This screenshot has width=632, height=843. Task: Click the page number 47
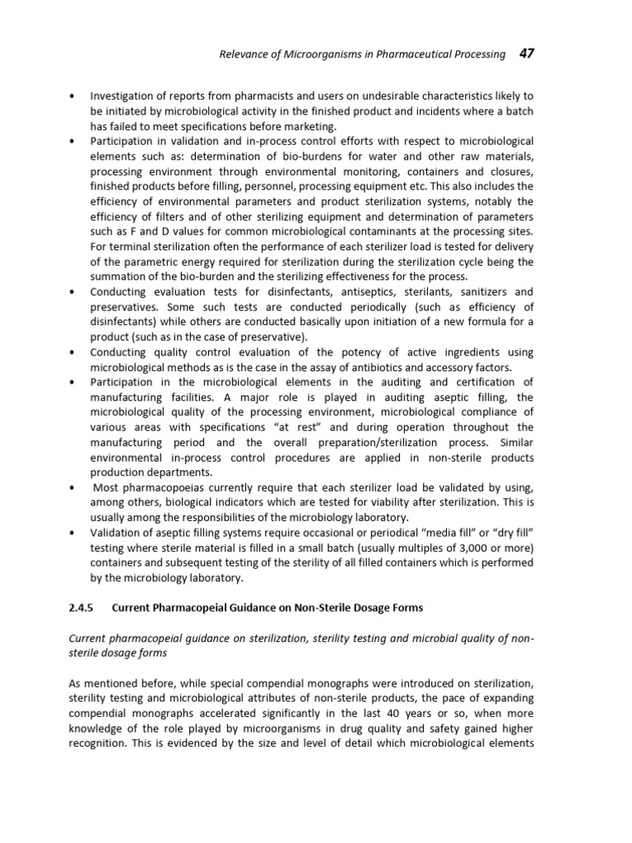click(525, 54)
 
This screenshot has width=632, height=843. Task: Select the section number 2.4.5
click(82, 608)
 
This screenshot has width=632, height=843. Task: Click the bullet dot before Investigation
click(73, 97)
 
